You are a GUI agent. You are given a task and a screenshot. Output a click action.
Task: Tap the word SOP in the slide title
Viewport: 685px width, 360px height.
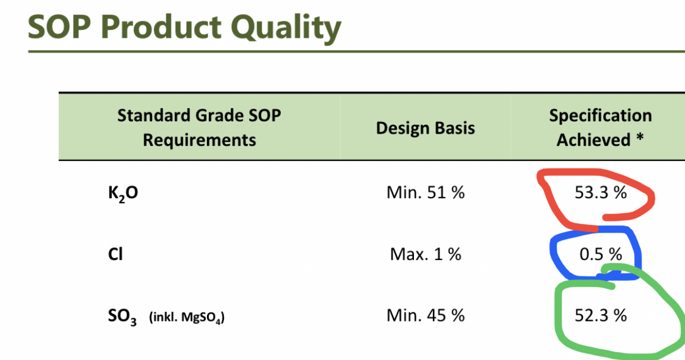coord(59,27)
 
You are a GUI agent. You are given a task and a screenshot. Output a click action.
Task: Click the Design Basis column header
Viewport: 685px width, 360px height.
coord(425,128)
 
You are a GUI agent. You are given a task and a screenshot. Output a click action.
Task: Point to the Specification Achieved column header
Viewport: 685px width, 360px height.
coord(600,128)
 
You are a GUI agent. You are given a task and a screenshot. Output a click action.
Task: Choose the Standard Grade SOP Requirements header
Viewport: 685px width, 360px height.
coord(199,128)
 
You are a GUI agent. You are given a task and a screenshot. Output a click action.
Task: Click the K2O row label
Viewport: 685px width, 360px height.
coord(123,193)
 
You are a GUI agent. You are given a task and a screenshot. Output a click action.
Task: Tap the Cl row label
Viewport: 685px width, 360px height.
coord(115,254)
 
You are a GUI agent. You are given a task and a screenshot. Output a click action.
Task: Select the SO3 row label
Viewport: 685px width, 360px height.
coord(122,316)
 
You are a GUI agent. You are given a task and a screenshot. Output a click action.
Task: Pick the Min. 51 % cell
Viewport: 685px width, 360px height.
coord(426,192)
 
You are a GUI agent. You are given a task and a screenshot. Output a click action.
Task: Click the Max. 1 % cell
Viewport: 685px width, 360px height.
coord(426,254)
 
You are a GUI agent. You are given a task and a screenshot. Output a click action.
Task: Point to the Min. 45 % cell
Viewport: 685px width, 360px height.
coord(426,315)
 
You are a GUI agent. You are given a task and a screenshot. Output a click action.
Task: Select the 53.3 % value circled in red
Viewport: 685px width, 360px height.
coord(601,192)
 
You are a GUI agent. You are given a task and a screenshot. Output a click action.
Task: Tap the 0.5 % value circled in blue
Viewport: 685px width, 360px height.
coord(601,254)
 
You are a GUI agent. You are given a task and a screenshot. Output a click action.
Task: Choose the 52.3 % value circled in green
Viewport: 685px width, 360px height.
coord(601,315)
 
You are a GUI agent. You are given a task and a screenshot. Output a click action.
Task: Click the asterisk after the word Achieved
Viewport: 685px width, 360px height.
coord(640,138)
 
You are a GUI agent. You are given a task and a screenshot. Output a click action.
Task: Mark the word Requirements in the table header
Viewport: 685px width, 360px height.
coord(199,140)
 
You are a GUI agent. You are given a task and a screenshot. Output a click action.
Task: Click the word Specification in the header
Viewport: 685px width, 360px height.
coord(600,116)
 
